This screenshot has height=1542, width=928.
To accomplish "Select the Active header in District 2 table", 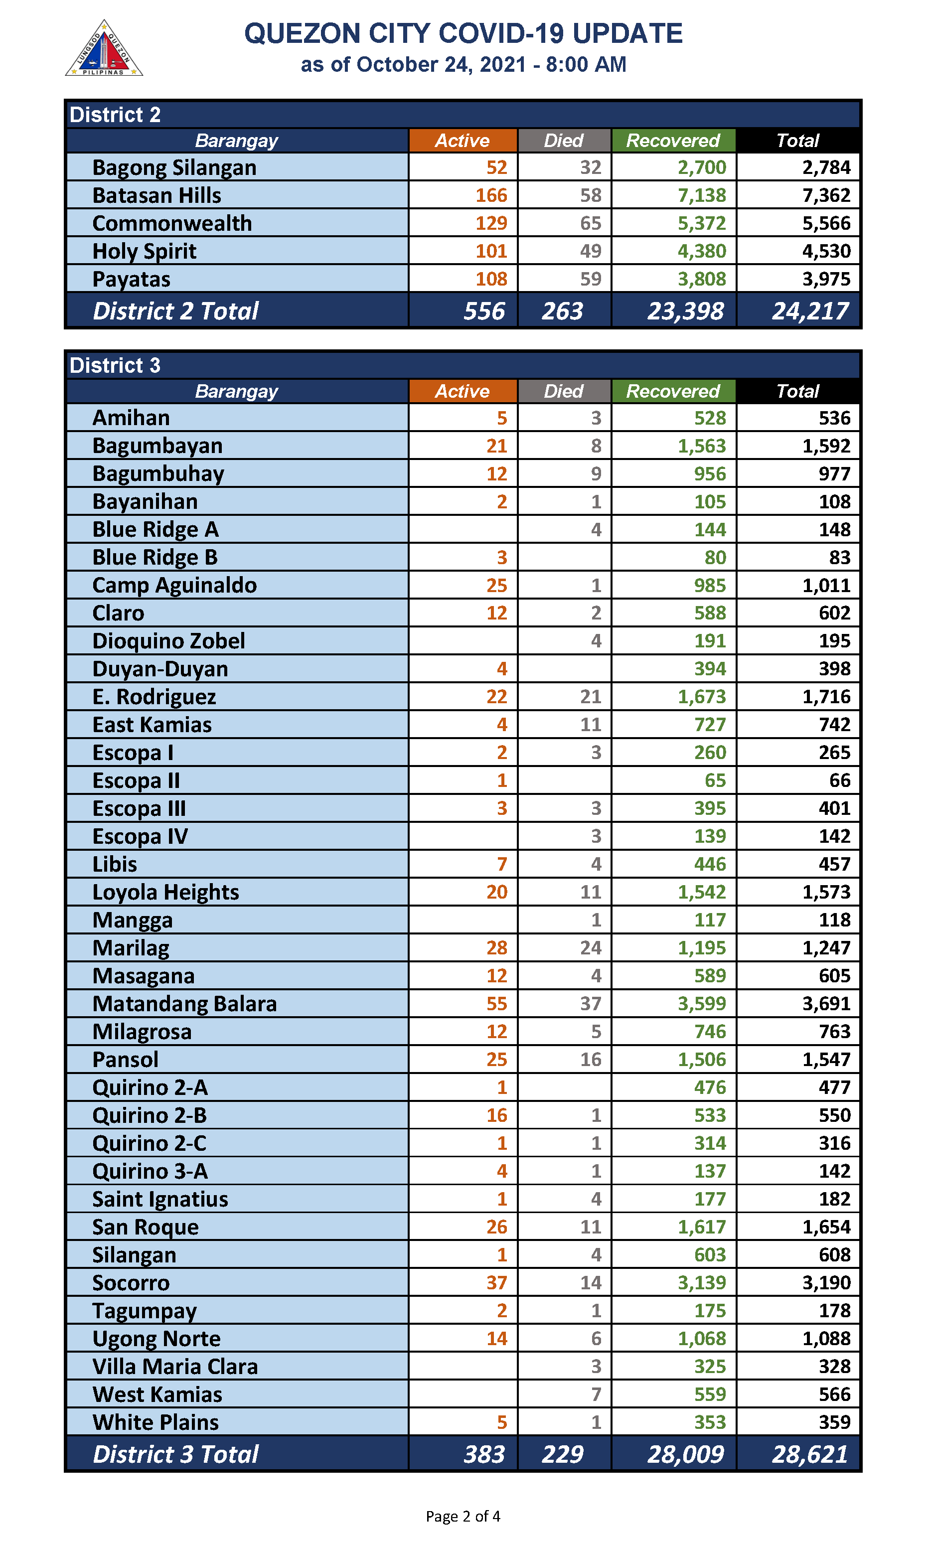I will click(x=462, y=141).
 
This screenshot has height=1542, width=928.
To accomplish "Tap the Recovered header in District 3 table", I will click(x=673, y=391).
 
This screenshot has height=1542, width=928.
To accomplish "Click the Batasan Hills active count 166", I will click(x=491, y=195).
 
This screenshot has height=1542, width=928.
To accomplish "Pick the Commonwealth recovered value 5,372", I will click(x=702, y=223).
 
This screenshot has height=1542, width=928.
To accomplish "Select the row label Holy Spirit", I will click(x=145, y=251).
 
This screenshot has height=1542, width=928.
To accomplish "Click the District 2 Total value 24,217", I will click(x=810, y=311).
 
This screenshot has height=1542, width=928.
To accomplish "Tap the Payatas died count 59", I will click(x=590, y=279).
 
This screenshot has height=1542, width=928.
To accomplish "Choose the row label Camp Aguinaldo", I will click(x=174, y=585).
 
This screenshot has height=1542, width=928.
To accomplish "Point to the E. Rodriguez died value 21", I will click(x=590, y=697).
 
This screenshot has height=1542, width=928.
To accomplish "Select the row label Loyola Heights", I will click(x=165, y=892).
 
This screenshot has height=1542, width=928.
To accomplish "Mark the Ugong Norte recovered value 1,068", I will click(x=702, y=1339).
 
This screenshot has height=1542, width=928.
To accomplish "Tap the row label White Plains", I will click(x=155, y=1422).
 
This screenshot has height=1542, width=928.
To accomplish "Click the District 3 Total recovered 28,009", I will click(x=685, y=1454).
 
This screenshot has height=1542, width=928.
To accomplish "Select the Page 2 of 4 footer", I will click(x=463, y=1517).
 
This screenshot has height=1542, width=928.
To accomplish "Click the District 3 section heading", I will click(x=115, y=365).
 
